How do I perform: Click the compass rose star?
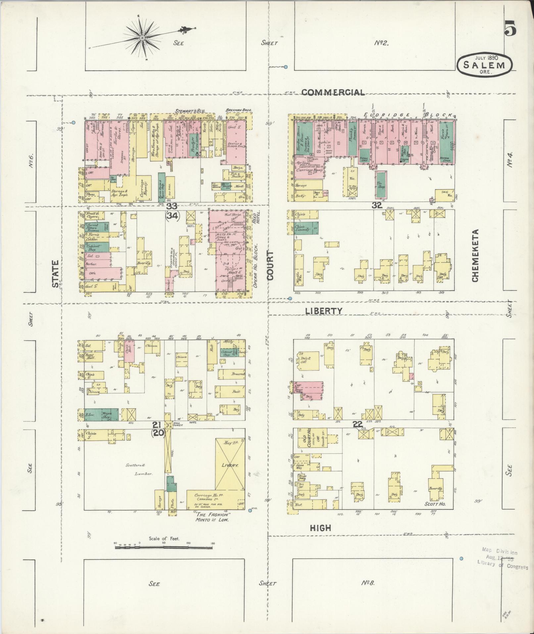142,38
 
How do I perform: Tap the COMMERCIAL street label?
333,92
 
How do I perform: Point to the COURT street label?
270,265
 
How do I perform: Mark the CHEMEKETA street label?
475,256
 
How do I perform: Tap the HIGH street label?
320,528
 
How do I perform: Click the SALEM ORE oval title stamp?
484,64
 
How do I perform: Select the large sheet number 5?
510,28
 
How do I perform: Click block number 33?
172,206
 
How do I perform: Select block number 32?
376,205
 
